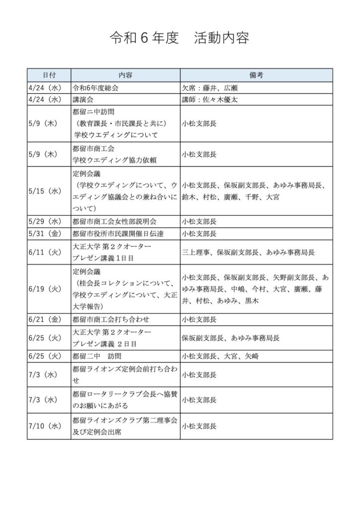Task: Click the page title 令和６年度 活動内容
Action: coord(179,38)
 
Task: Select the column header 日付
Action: coord(49,75)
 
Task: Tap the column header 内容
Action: coord(125,75)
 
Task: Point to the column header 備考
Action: coord(256,75)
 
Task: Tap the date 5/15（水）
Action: coord(44,191)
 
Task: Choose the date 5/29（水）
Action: coord(44,221)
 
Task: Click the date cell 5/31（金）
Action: coord(44,233)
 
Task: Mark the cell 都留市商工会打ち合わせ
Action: coord(111,319)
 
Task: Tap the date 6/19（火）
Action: coord(44,288)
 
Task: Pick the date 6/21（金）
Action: coord(44,319)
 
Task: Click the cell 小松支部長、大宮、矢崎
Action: coord(220,356)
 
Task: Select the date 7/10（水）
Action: coord(44,426)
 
